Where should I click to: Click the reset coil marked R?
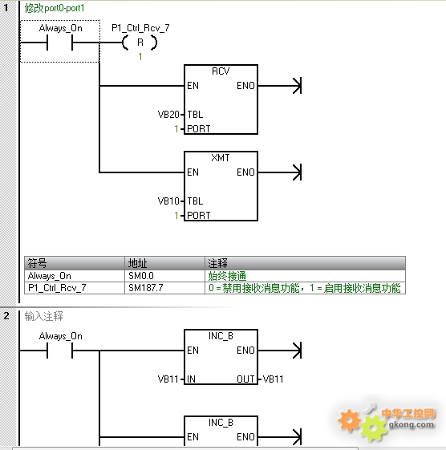pos(140,43)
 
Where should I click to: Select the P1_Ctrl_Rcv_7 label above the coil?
pos(140,28)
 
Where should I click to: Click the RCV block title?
pos(221,71)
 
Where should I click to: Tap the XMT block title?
pos(221,157)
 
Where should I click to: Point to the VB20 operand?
pos(168,115)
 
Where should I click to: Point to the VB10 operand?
pos(168,201)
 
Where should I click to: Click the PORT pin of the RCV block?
pos(199,129)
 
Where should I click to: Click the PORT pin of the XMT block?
pos(199,215)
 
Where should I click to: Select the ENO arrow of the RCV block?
pos(280,86)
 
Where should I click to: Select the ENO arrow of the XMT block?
pos(280,172)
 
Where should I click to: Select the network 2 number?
pos(6,316)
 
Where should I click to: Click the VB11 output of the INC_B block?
pos(273,379)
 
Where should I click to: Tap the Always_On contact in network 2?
pos(59,351)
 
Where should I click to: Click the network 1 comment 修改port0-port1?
pos(55,8)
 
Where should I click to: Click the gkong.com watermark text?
pos(412,424)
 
